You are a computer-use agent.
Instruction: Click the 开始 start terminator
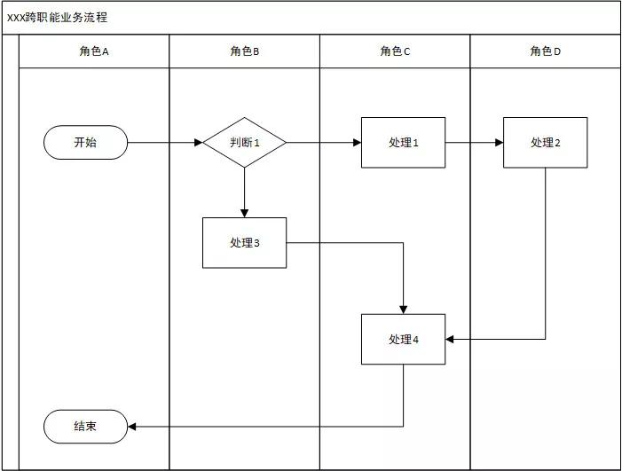(x=85, y=142)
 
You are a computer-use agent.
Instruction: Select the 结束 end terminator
(x=85, y=427)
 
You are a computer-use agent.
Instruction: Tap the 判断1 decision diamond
(x=244, y=142)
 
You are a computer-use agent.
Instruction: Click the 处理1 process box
(x=403, y=142)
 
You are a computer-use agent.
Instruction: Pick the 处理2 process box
(x=545, y=142)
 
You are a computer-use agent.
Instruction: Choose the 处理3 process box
(x=244, y=242)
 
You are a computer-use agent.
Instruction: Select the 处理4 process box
(x=403, y=339)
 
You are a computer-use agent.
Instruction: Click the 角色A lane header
(x=94, y=51)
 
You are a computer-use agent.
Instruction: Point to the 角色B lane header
(x=244, y=51)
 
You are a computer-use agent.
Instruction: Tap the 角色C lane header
(x=395, y=51)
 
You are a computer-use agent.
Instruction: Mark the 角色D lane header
(x=545, y=51)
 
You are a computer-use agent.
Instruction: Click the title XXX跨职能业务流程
(x=59, y=18)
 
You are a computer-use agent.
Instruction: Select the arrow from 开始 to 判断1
(x=165, y=142)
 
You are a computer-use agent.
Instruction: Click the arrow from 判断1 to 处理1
(x=323, y=142)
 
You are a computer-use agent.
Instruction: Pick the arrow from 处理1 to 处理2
(x=474, y=142)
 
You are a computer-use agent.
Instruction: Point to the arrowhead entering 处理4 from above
(x=404, y=309)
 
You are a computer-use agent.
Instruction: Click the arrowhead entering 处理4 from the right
(x=451, y=339)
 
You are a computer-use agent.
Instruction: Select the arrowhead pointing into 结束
(x=133, y=427)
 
